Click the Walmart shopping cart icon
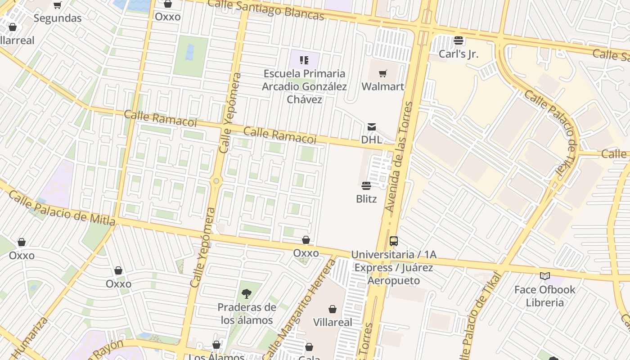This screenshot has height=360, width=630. (x=383, y=73)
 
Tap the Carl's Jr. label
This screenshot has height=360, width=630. (x=459, y=54)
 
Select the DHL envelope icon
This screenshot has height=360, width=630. (x=372, y=127)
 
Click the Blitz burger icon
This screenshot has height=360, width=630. (x=366, y=186)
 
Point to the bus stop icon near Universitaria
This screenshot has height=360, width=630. (x=394, y=241)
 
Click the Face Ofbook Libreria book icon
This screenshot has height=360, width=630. (x=545, y=276)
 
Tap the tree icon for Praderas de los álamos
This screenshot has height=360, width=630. (x=246, y=294)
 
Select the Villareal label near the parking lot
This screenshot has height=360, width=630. (x=333, y=322)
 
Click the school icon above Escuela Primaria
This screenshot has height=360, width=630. (x=305, y=60)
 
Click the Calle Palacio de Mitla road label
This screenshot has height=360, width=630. (x=62, y=208)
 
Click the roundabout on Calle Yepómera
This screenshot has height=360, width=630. (x=216, y=181)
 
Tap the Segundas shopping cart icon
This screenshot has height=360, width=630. (x=58, y=5)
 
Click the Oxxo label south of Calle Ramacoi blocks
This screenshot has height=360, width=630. (x=306, y=253)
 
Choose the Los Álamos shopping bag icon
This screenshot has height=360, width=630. (x=216, y=345)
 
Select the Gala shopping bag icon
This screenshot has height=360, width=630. (x=309, y=347)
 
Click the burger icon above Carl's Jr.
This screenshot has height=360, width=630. (x=459, y=40)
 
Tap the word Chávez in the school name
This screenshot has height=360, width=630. (x=305, y=99)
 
